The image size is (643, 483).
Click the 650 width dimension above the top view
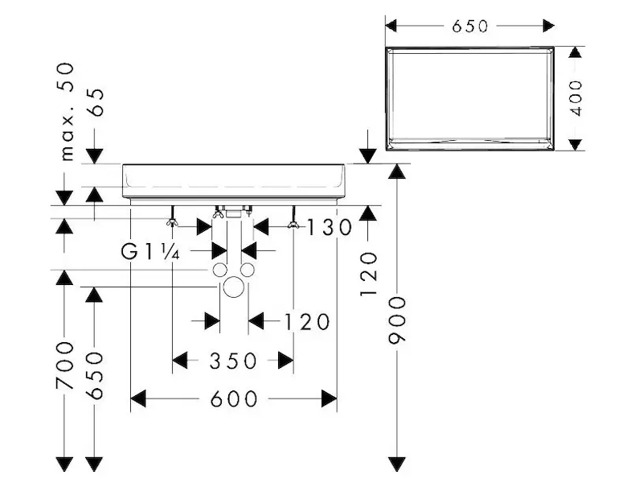pos(469,27)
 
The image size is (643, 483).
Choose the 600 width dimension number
pos(234,398)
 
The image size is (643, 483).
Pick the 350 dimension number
pos(233,361)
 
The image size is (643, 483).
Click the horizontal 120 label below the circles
pos(306,322)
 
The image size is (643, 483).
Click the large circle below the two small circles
pos(234,287)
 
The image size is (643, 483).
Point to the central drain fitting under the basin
pos(233,213)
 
